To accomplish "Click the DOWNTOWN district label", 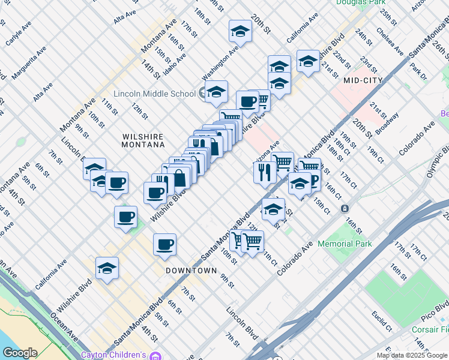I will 191,271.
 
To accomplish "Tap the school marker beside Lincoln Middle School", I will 216,92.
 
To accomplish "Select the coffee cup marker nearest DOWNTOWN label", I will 164,244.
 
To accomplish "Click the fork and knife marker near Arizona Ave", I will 265,172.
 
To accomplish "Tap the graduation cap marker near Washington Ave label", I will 240,31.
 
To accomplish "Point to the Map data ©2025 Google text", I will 412,355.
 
